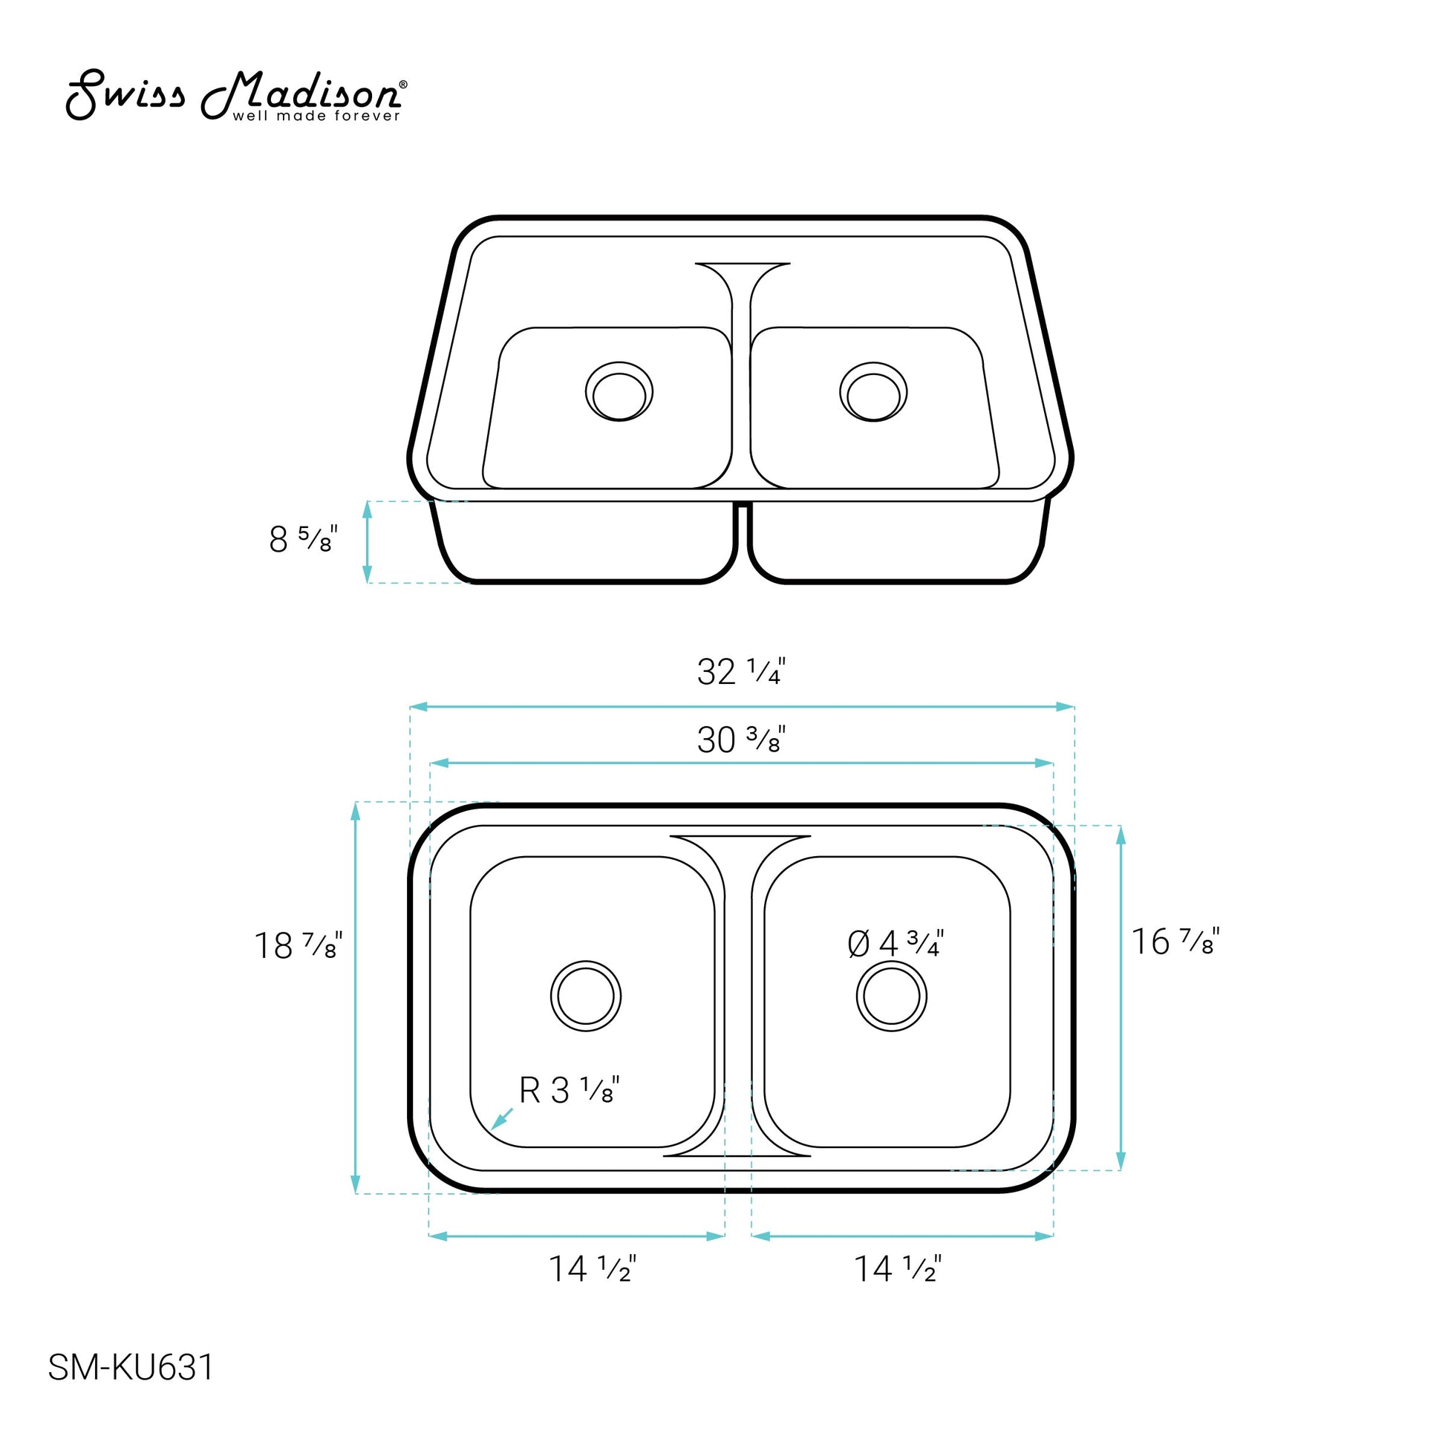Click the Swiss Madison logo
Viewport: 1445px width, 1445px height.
237,96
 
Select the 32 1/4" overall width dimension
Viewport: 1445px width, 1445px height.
741,671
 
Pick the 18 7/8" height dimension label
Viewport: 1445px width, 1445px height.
299,945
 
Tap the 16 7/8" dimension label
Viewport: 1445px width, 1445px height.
1175,941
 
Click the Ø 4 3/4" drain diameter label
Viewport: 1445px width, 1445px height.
896,943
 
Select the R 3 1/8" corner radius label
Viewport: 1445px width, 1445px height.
570,1090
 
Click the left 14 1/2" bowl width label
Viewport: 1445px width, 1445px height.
593,1268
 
